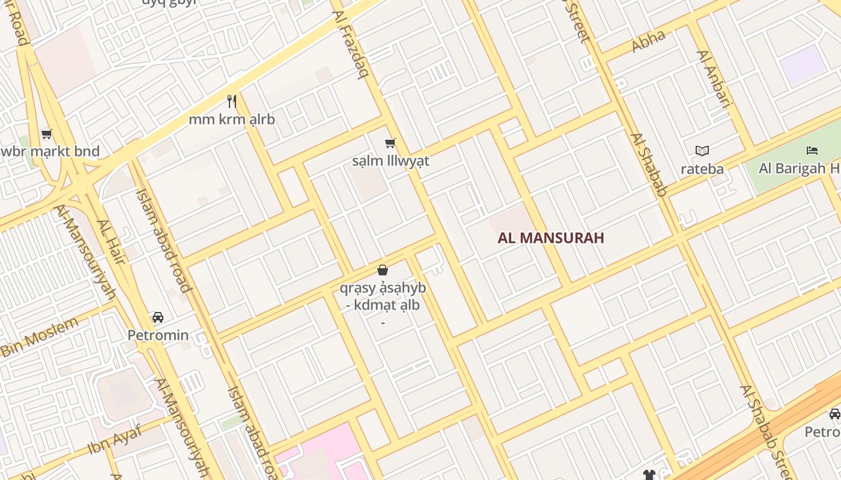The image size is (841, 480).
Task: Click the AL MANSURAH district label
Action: (x=550, y=238)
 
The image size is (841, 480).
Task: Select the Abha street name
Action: (x=649, y=41)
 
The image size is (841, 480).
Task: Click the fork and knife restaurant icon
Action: (x=232, y=101)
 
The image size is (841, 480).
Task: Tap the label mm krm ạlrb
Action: (x=232, y=119)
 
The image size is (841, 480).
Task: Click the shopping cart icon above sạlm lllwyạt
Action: (x=390, y=143)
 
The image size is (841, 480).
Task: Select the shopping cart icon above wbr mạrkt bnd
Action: (x=46, y=134)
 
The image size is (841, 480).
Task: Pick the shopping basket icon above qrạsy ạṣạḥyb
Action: (x=383, y=270)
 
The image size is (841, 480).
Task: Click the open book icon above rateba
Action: (x=702, y=151)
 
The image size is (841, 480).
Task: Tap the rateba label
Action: (x=702, y=169)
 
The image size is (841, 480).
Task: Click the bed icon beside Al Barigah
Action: (x=812, y=150)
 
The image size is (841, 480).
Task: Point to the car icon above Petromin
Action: (x=157, y=317)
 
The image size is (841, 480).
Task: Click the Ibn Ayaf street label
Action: (x=115, y=439)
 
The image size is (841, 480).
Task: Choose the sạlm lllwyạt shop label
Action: (x=390, y=161)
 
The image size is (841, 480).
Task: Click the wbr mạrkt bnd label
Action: (x=50, y=151)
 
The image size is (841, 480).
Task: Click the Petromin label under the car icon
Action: (x=157, y=335)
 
